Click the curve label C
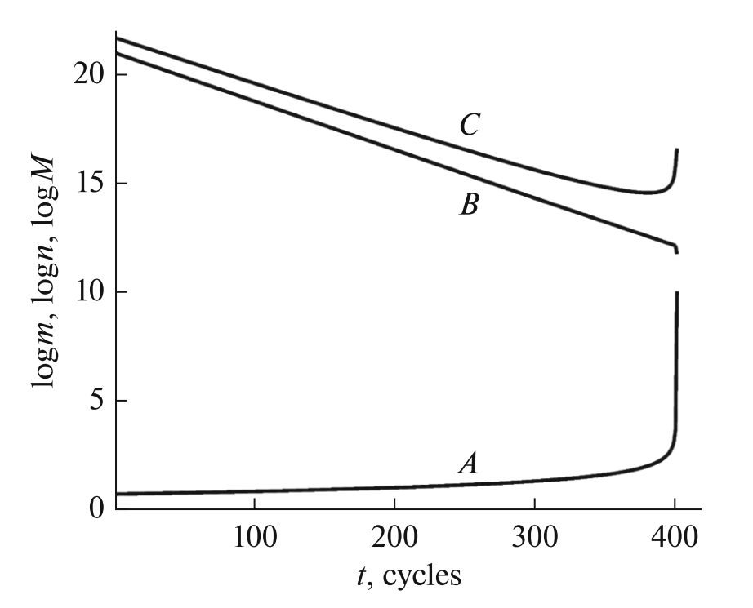pos(468,126)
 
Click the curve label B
pos(468,204)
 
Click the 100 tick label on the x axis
pos(256,539)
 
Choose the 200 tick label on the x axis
pos(395,539)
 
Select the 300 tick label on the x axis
pos(535,539)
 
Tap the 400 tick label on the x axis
pos(675,539)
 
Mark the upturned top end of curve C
pos(677,150)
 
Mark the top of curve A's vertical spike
pos(677,292)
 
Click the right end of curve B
pos(676,251)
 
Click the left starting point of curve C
pos(118,38)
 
